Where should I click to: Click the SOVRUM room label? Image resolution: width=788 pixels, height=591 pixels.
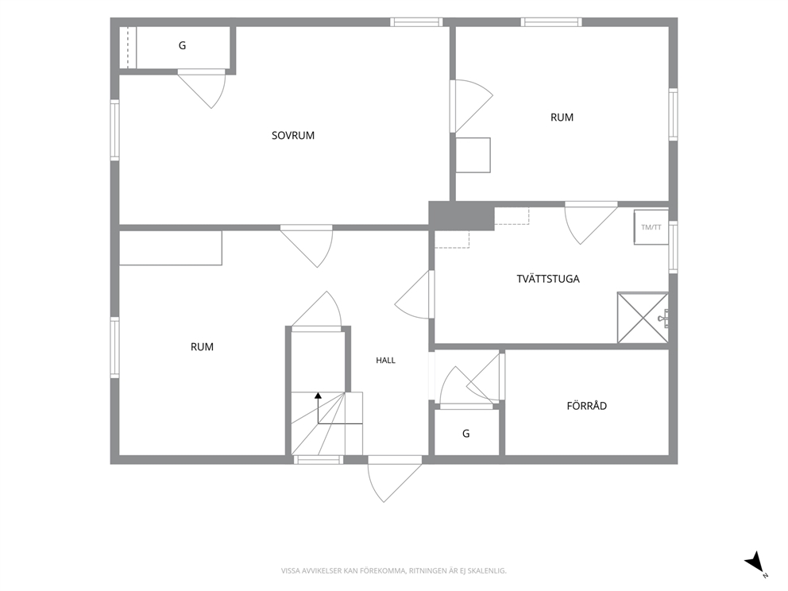293,135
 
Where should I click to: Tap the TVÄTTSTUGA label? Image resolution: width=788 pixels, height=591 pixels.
548,278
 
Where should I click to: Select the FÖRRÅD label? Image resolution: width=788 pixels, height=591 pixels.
586,405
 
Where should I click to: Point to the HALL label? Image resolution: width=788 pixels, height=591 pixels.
385,361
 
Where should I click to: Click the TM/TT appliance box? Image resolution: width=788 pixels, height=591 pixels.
651,227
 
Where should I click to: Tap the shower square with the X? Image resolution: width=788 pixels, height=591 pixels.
643,318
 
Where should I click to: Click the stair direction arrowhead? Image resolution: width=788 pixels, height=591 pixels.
318,396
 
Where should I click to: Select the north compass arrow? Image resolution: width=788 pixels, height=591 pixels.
754,562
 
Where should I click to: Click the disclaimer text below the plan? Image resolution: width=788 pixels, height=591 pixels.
393,571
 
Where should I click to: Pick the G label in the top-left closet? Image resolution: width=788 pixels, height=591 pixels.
182,46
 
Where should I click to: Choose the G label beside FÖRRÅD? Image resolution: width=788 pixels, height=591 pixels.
465,433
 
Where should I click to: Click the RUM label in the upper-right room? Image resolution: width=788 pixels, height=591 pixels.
562,117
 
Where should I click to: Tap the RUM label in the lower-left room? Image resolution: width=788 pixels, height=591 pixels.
202,347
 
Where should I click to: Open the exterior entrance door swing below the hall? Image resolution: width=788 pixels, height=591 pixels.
395,479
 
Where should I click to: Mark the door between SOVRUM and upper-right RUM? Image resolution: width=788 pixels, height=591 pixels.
471,106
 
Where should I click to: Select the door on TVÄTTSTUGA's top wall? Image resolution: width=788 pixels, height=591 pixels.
591,223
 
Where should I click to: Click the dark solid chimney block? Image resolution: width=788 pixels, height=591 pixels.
462,215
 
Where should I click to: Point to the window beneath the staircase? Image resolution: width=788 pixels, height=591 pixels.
319,459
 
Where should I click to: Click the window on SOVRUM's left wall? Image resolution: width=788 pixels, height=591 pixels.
114,130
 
